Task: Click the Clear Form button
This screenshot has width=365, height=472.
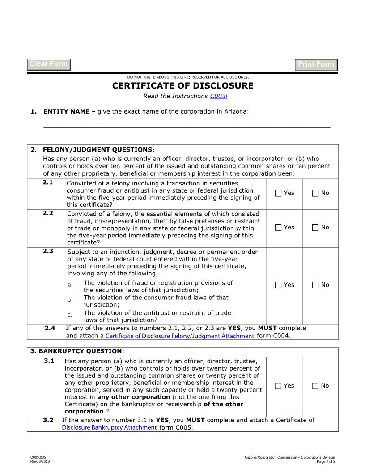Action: [x=49, y=64]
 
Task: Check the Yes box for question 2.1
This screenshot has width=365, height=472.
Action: [x=278, y=193]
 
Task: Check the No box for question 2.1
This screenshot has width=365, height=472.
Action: [x=315, y=193]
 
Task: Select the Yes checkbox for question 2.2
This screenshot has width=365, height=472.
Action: [x=278, y=228]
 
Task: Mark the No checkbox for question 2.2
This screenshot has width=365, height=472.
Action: [x=315, y=228]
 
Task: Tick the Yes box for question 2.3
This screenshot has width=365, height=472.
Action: [x=278, y=285]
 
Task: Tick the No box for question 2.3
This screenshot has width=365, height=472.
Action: [x=315, y=285]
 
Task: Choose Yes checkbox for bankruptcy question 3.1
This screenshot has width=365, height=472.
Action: [x=278, y=386]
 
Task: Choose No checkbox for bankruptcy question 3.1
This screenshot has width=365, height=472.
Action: [x=315, y=386]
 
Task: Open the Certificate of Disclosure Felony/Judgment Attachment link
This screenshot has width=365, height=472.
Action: [x=180, y=336]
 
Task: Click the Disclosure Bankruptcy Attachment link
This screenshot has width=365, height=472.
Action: [x=109, y=427]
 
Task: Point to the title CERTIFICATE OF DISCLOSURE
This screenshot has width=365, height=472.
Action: [x=182, y=86]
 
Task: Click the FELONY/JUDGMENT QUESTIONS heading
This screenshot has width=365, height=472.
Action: [x=98, y=150]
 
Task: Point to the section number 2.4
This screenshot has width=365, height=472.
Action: [x=50, y=328]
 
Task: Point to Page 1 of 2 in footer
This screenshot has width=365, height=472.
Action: [x=326, y=461]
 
